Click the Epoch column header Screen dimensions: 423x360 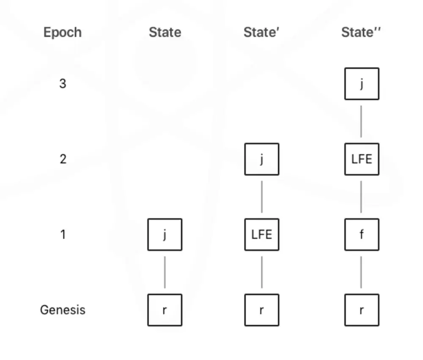click(63, 33)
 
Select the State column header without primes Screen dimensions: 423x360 click(165, 32)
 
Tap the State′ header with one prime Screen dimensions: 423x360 click(261, 32)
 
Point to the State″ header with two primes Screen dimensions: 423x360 click(361, 32)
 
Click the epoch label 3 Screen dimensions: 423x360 click(63, 84)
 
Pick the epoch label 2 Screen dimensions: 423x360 click(63, 159)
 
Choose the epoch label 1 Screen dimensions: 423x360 click(63, 234)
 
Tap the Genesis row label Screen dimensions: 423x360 click(63, 310)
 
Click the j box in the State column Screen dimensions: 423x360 click(165, 234)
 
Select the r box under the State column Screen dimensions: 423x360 click(165, 310)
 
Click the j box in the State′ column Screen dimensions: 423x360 click(262, 159)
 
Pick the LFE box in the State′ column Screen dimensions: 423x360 click(262, 234)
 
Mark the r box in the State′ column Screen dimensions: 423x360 click(262, 310)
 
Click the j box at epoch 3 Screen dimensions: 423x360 click(362, 84)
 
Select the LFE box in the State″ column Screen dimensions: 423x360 click(362, 159)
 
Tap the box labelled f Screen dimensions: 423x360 click(362, 234)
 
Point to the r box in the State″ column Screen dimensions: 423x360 click(362, 310)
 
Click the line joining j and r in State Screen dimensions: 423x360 click(165, 272)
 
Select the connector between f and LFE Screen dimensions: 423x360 click(361, 197)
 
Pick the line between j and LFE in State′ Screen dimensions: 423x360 click(262, 197)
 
